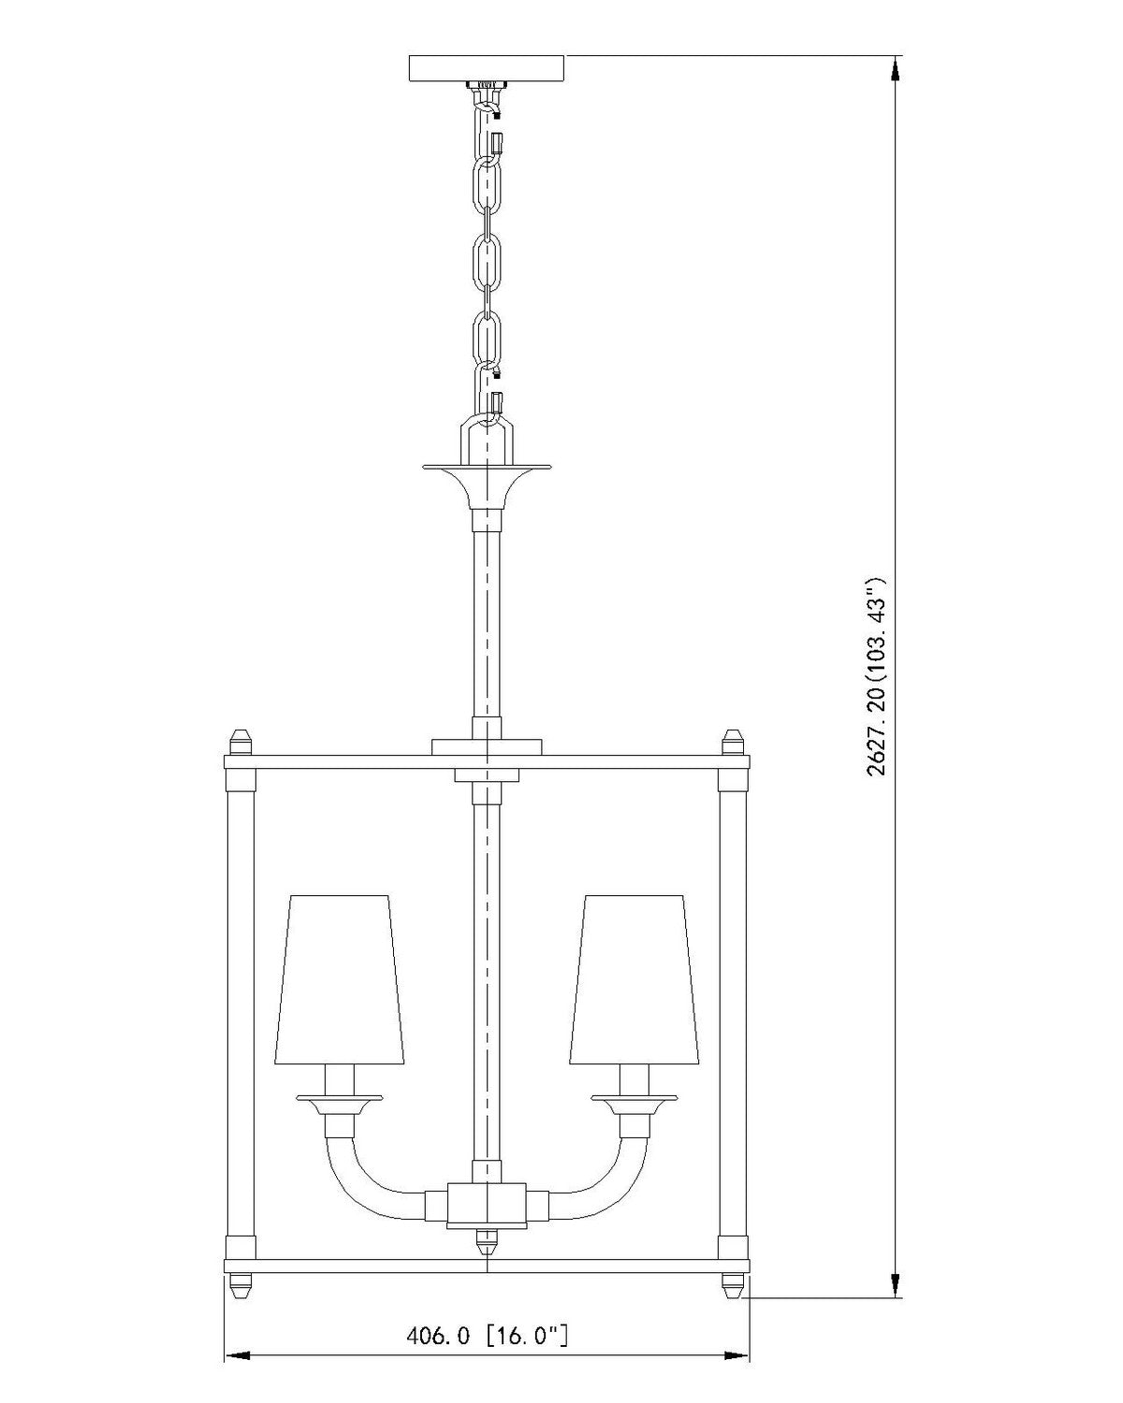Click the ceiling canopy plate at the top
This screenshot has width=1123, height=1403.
[x=486, y=68]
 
